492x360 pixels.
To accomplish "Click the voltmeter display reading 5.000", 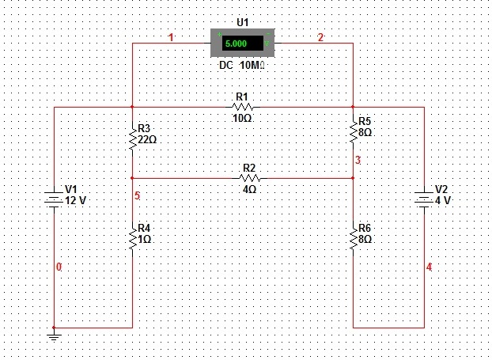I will [241, 43].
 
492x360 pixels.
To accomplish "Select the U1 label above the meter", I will [242, 23].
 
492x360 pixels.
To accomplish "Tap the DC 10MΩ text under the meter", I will [241, 66].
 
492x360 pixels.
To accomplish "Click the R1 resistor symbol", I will [242, 107].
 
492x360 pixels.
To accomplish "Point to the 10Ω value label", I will [242, 118].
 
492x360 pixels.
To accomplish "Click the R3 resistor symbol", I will [132, 140].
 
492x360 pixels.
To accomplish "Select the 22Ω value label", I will [148, 138].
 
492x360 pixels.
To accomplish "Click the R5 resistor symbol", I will [353, 133].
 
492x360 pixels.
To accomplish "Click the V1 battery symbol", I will [53, 200].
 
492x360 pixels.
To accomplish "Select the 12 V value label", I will [76, 201].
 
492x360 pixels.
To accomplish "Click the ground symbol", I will [53, 335].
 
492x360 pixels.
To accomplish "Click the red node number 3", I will [358, 161].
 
